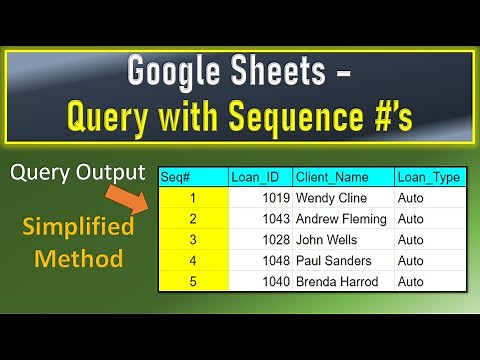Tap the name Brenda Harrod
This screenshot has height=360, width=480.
tap(338, 282)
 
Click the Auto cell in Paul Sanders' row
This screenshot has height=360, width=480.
tap(410, 261)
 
